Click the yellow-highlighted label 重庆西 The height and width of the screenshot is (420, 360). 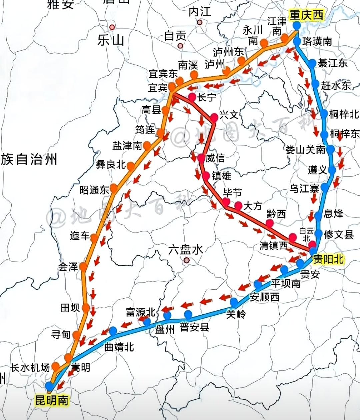pos(306,15)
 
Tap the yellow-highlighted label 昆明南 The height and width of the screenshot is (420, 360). pos(52,400)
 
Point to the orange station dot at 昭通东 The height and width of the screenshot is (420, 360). pos(114,188)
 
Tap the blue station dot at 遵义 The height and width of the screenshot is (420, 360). pos(332,170)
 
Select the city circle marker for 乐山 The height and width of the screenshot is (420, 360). pos(112,27)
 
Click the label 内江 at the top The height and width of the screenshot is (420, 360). pos(200,12)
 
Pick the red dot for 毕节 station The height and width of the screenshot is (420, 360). pos(226,202)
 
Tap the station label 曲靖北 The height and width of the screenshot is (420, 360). pos(119,347)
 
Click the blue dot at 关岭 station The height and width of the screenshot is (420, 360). pos(234,302)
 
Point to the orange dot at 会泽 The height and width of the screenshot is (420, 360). pos(83,267)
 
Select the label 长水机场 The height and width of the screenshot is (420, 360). pos(30,367)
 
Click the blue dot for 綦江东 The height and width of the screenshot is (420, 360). pos(312,63)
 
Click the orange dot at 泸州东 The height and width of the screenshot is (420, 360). pos(241,61)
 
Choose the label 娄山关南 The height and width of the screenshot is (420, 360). pos(305,150)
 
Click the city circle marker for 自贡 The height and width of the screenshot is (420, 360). pos(181,46)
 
